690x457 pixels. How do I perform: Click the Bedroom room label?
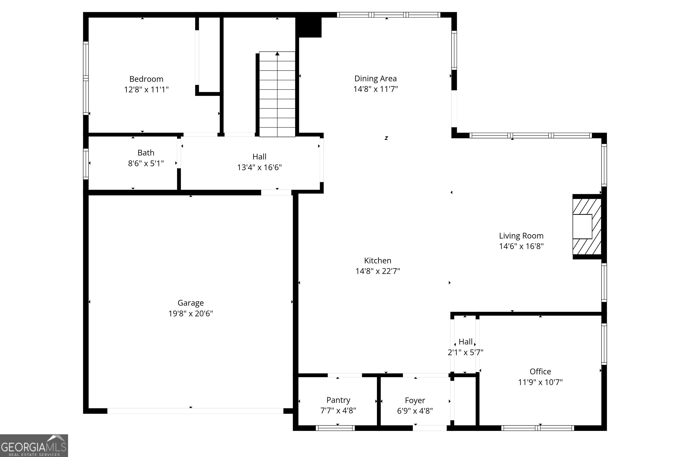tap(146, 79)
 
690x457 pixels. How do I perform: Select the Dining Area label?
tap(375, 78)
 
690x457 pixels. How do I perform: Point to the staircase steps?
tap(277, 96)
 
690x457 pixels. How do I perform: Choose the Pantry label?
tap(338, 400)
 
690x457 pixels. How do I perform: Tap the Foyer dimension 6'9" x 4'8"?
tap(415, 411)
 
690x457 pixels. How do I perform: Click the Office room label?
tap(540, 372)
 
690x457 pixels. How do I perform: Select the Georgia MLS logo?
tap(34, 446)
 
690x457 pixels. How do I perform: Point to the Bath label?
tap(146, 153)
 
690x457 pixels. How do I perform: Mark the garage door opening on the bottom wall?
tap(195, 411)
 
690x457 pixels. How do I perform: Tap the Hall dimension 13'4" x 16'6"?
tap(259, 167)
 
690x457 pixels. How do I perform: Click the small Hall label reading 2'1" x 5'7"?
tap(465, 352)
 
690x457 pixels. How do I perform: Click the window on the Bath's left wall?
tap(86, 164)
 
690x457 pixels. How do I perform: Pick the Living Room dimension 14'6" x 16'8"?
tap(521, 246)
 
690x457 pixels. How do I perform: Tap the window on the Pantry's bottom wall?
tap(335, 428)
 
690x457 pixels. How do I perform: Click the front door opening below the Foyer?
tap(429, 428)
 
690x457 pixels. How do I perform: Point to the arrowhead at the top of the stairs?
tap(277, 54)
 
